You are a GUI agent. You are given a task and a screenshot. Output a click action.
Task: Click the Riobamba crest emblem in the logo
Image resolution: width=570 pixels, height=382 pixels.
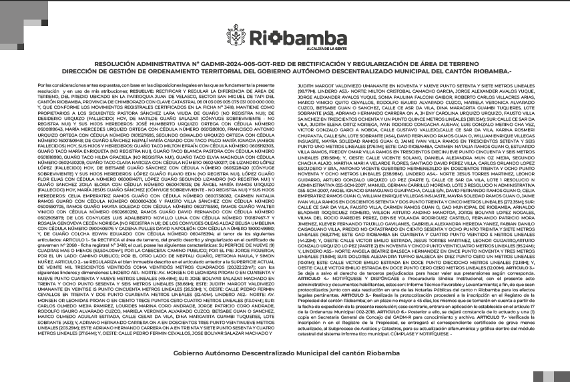pos(238,37)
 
